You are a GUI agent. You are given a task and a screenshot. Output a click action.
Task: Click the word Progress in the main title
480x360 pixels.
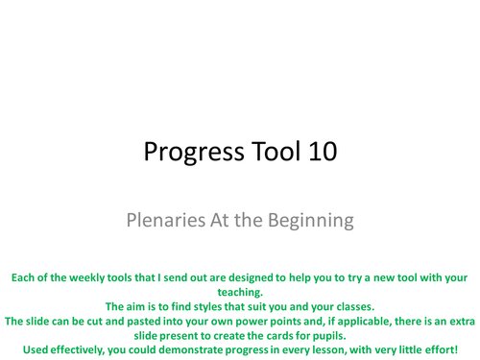coord(186,152)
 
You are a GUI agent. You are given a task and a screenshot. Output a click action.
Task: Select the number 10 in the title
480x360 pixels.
coord(320,152)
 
